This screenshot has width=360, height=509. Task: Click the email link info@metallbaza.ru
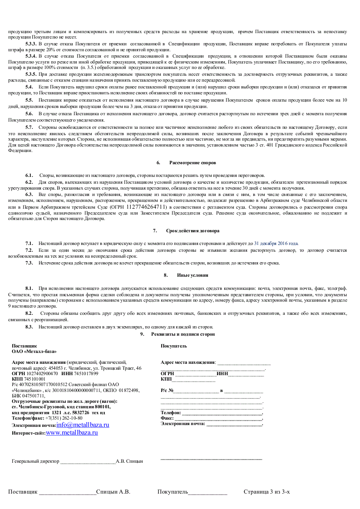(x=83, y=425)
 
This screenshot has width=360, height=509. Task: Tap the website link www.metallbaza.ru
(x=72, y=433)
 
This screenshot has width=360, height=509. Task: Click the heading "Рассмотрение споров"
(x=192, y=162)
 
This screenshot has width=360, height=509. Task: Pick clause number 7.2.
(x=29, y=250)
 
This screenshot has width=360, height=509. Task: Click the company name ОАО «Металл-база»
(x=35, y=351)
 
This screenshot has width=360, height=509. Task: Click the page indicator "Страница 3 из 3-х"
(x=266, y=492)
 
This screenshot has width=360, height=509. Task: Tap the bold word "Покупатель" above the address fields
(x=173, y=346)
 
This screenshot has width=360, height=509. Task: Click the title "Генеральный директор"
(x=35, y=461)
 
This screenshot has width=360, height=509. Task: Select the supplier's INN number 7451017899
(x=86, y=373)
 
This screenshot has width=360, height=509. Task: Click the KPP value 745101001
(x=35, y=379)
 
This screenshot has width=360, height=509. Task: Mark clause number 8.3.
(x=29, y=327)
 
